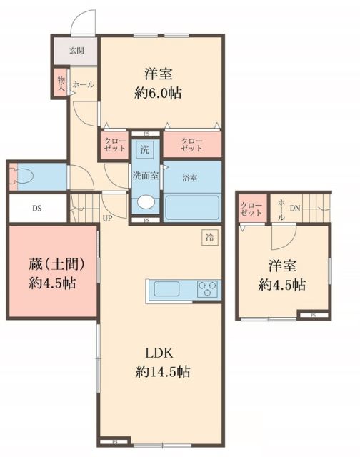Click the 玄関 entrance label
(76, 51)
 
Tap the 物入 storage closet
(61, 82)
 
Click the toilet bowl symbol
(24, 176)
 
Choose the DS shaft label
(36, 209)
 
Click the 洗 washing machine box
(144, 150)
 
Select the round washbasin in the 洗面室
(145, 203)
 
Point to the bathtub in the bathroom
(192, 207)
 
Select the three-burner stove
(208, 289)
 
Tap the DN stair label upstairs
(294, 208)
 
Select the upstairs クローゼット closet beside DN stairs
(251, 209)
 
